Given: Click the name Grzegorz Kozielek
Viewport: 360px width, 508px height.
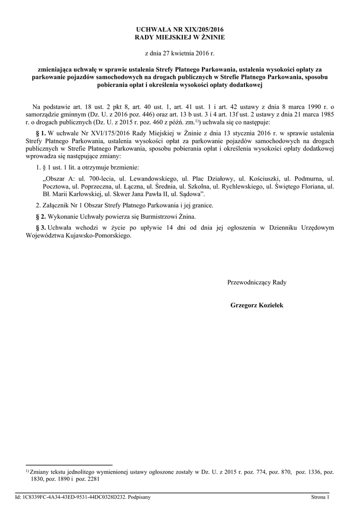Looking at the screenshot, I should point(257,306).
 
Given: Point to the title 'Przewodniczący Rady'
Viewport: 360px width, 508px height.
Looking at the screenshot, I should point(257,282).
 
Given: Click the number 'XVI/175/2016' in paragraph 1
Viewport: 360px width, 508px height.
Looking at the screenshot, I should point(99,133).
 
